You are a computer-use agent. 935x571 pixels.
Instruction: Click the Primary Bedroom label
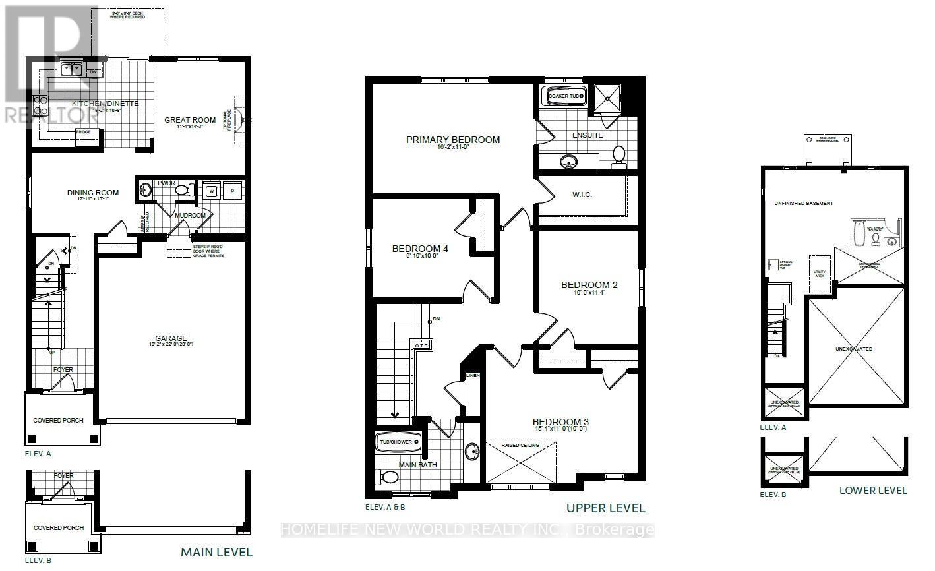[453, 140]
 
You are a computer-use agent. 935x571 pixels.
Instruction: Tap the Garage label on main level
[171, 338]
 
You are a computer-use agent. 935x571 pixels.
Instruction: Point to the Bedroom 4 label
[420, 249]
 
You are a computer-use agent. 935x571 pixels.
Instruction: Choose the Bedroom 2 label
[589, 285]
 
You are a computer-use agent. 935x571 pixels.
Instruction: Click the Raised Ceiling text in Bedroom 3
[521, 445]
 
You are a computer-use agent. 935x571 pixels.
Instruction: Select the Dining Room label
[93, 193]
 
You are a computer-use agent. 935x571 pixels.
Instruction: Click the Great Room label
[190, 120]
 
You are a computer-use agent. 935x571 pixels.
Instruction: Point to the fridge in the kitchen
[84, 133]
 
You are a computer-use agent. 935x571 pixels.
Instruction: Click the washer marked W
[212, 191]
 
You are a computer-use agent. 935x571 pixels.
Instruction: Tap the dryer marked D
[232, 191]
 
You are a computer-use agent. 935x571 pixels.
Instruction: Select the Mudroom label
[190, 215]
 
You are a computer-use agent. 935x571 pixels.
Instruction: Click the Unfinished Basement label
[803, 204]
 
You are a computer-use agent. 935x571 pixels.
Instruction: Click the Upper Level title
[605, 508]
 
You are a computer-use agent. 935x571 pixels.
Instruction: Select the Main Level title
[216, 553]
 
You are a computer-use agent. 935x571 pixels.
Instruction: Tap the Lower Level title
[872, 490]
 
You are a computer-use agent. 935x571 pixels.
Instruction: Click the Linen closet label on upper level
[473, 376]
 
